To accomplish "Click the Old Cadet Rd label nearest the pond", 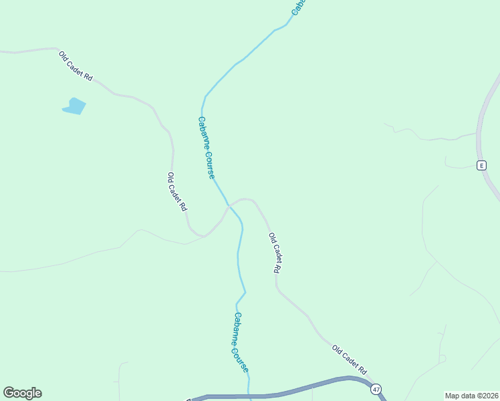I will pyautogui.click(x=75, y=65).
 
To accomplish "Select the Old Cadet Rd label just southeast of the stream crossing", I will pyautogui.click(x=274, y=253).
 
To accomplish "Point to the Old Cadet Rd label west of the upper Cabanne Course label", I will pyautogui.click(x=176, y=192).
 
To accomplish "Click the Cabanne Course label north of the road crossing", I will pyautogui.click(x=206, y=148).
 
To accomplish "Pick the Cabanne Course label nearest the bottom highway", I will pyautogui.click(x=241, y=342).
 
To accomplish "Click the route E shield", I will pyautogui.click(x=481, y=165).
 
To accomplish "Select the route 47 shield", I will pyautogui.click(x=377, y=388).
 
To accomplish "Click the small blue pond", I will pyautogui.click(x=74, y=106).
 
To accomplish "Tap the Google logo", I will pyautogui.click(x=22, y=393).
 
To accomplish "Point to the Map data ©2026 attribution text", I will pyautogui.click(x=472, y=395).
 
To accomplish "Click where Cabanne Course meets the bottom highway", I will pyautogui.click(x=249, y=395).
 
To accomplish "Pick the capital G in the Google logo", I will pyautogui.click(x=9, y=393).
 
